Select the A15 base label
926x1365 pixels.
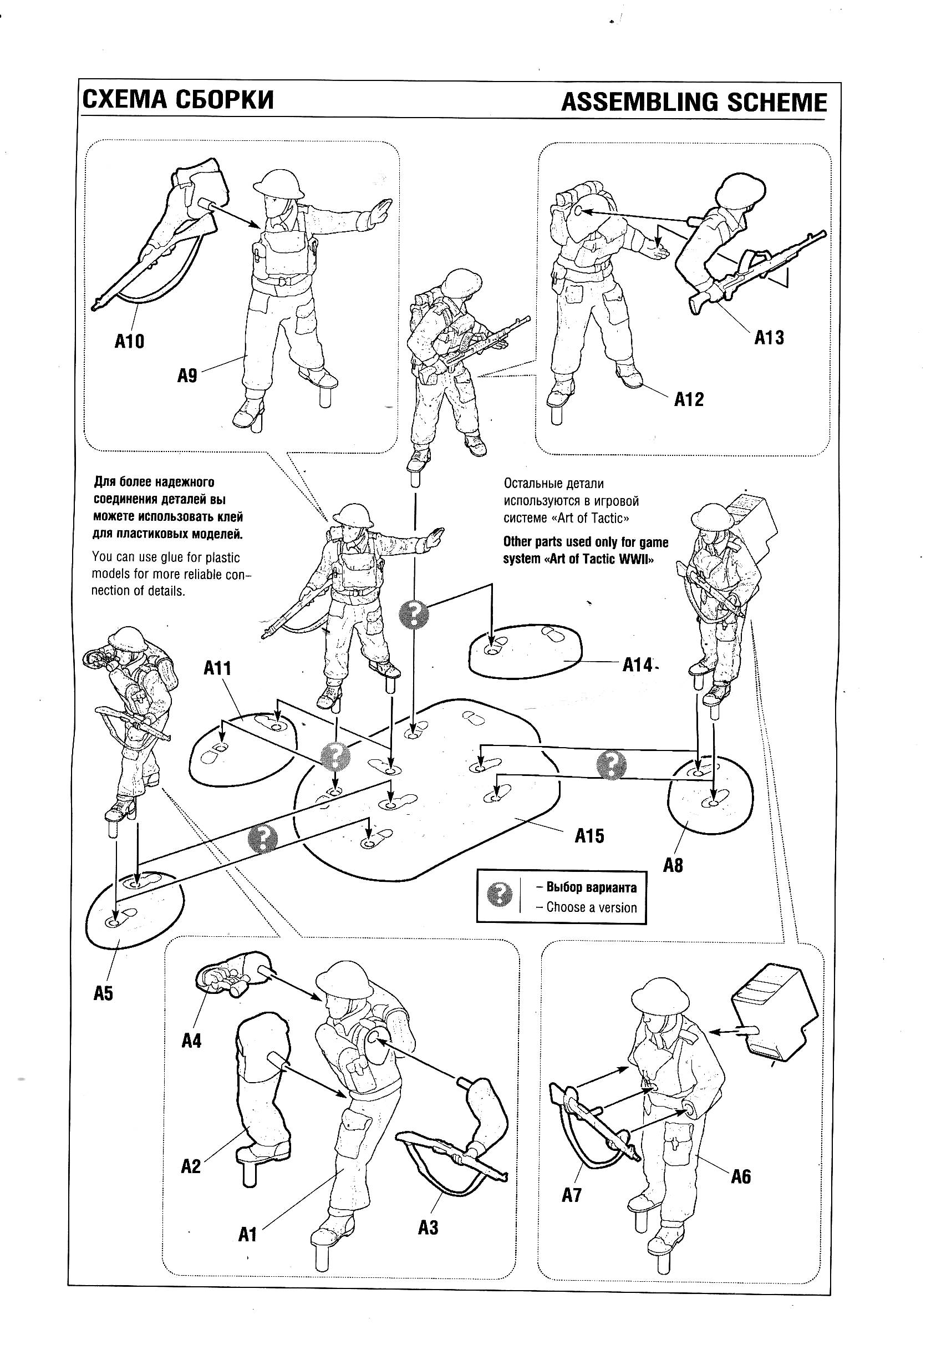click(x=589, y=835)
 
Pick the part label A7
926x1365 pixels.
click(x=571, y=1195)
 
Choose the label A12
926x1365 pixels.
click(x=688, y=399)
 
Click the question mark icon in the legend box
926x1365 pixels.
click(x=500, y=895)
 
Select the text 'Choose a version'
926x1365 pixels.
click(x=591, y=907)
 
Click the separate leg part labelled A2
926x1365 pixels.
click(x=261, y=1087)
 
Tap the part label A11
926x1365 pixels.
click(x=217, y=668)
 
